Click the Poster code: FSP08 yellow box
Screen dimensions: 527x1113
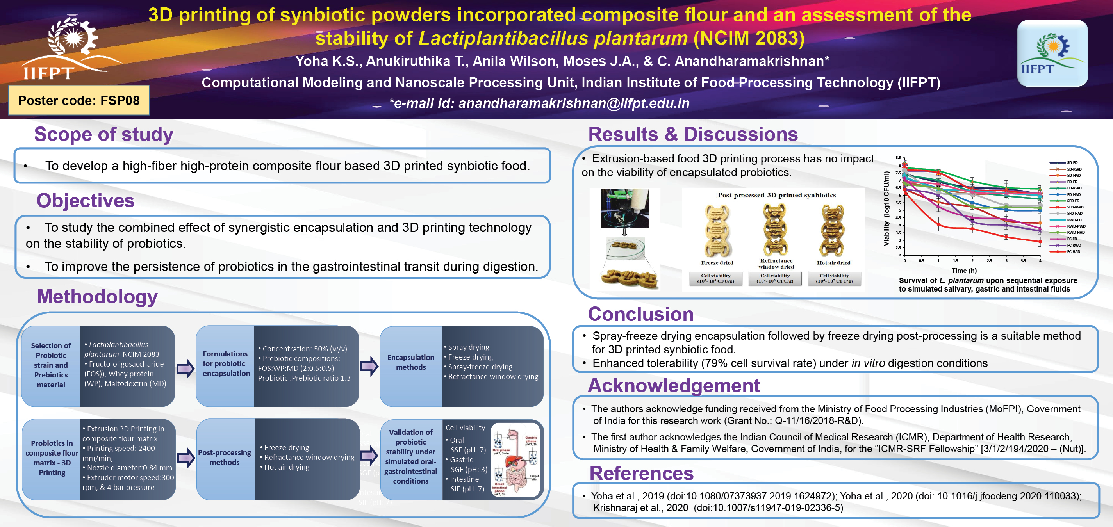point(78,101)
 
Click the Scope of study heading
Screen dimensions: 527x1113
point(104,134)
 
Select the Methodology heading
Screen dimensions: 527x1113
point(97,297)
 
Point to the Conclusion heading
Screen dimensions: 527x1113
point(640,314)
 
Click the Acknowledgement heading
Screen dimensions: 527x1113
point(673,385)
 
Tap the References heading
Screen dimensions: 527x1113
point(641,474)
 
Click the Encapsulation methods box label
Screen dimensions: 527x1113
point(410,362)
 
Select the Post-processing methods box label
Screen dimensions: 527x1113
point(224,458)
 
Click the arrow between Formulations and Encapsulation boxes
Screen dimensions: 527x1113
point(369,366)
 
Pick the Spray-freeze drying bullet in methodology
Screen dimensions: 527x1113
point(480,367)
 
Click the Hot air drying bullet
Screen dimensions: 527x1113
point(287,467)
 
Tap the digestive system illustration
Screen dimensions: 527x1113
point(515,460)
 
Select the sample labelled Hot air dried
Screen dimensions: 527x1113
point(833,231)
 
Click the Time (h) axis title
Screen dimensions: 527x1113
point(964,271)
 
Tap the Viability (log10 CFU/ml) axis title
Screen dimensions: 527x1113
point(886,208)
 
